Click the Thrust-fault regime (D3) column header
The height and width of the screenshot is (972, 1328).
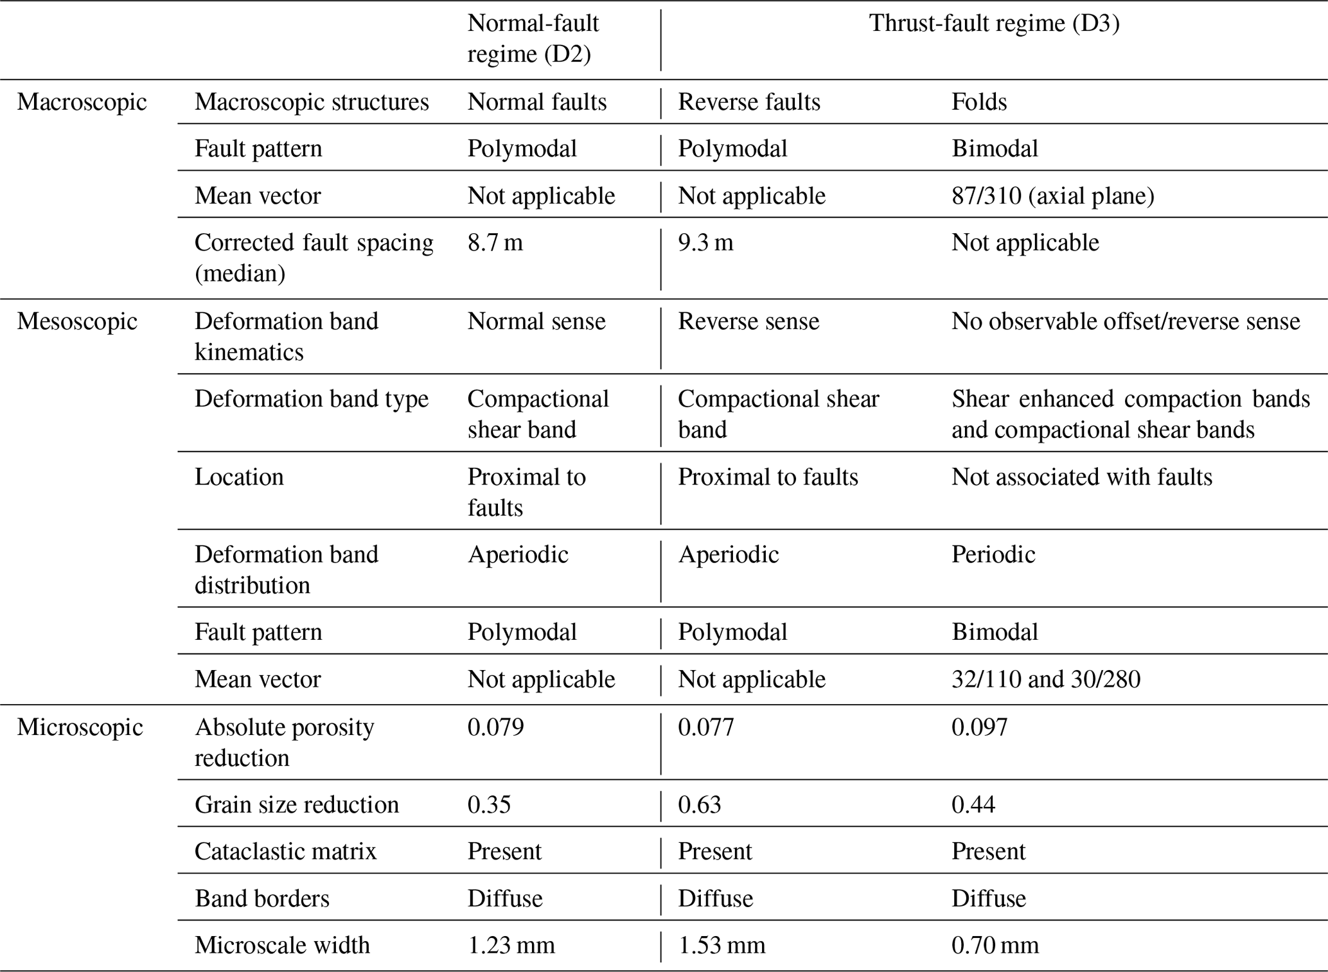click(x=994, y=24)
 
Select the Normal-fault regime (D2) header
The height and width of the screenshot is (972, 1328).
click(x=533, y=39)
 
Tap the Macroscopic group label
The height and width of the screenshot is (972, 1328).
click(x=82, y=102)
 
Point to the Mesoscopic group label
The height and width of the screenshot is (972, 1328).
click(x=77, y=321)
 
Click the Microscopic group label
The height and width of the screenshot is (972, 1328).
click(x=80, y=727)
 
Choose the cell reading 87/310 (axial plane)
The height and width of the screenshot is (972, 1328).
click(x=1052, y=195)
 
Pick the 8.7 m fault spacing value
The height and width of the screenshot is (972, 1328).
click(x=495, y=242)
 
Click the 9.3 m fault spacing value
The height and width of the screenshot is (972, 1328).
click(x=705, y=242)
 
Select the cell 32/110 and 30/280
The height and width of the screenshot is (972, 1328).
click(x=1045, y=679)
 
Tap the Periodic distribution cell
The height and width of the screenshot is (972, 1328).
click(x=993, y=554)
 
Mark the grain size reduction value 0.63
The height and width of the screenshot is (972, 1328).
click(x=700, y=804)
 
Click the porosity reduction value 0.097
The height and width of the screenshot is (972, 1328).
click(x=979, y=727)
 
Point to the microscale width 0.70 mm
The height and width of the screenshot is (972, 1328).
click(x=995, y=945)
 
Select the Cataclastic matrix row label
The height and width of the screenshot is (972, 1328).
click(x=285, y=851)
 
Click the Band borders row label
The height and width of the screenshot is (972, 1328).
click(x=262, y=898)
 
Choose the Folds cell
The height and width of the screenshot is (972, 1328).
click(x=979, y=102)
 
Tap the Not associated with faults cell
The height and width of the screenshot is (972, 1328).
click(x=1082, y=477)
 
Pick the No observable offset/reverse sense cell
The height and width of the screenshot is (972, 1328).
click(x=1126, y=321)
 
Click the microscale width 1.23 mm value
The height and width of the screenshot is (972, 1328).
click(x=511, y=945)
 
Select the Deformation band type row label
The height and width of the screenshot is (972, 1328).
click(x=312, y=399)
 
